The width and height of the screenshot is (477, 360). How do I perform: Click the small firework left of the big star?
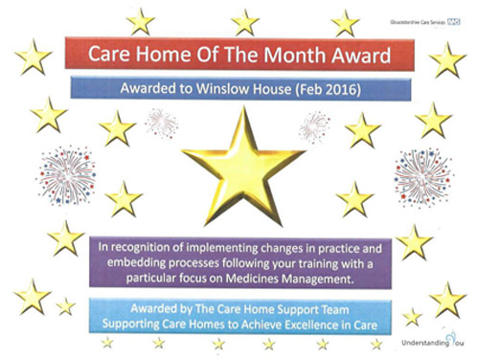point(163,122)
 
